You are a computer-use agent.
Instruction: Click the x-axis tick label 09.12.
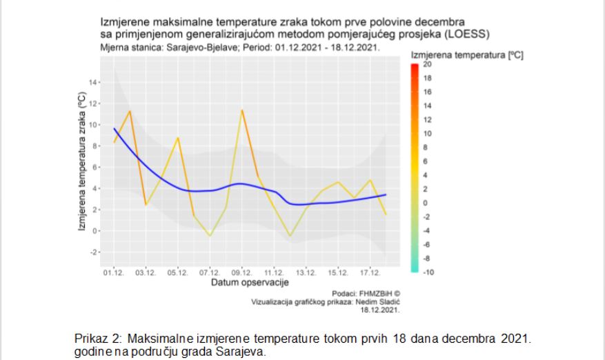pyautogui.click(x=241, y=273)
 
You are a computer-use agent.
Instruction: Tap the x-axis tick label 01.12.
pyautogui.click(x=114, y=273)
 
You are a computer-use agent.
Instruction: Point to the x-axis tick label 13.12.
pyautogui.click(x=306, y=273)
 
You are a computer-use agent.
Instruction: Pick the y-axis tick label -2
pyautogui.click(x=94, y=252)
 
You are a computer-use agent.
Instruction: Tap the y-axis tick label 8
pyautogui.click(x=95, y=146)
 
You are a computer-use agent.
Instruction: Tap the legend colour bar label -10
pyautogui.click(x=427, y=272)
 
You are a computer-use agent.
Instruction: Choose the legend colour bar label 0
pyautogui.click(x=425, y=203)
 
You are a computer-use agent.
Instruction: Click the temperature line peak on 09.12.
pyautogui.click(x=242, y=110)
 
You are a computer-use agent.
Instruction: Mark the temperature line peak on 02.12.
pyautogui.click(x=130, y=111)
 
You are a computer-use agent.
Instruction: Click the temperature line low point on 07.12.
pyautogui.click(x=210, y=236)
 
